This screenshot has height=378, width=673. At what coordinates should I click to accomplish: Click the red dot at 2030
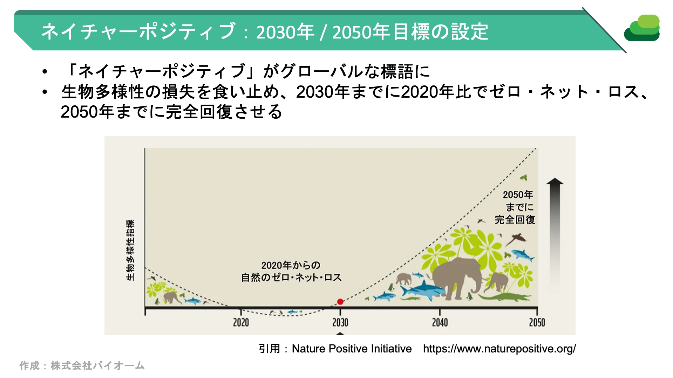coord(340,302)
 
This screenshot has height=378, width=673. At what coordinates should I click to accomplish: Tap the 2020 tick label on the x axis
coord(241,322)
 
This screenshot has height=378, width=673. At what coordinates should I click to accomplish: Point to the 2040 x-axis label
coord(440,322)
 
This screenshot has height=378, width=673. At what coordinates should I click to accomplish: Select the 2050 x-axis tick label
coord(537,322)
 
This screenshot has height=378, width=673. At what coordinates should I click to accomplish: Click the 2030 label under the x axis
coord(340,322)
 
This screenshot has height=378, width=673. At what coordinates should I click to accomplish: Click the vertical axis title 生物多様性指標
coord(130,250)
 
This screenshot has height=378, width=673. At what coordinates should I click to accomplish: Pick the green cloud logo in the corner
coord(642,28)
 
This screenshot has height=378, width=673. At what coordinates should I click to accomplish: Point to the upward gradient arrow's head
coord(555,181)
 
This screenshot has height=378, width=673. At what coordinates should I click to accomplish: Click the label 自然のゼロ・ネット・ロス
coord(291,278)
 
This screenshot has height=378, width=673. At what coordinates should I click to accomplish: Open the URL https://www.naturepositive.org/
coord(499,349)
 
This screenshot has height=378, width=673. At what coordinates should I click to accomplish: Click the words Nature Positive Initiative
coord(352,349)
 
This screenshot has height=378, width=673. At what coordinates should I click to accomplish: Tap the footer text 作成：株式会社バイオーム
coord(82,366)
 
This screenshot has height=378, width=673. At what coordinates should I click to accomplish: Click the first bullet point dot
coord(45,72)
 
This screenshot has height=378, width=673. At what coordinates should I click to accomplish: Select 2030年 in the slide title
coord(285,32)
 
